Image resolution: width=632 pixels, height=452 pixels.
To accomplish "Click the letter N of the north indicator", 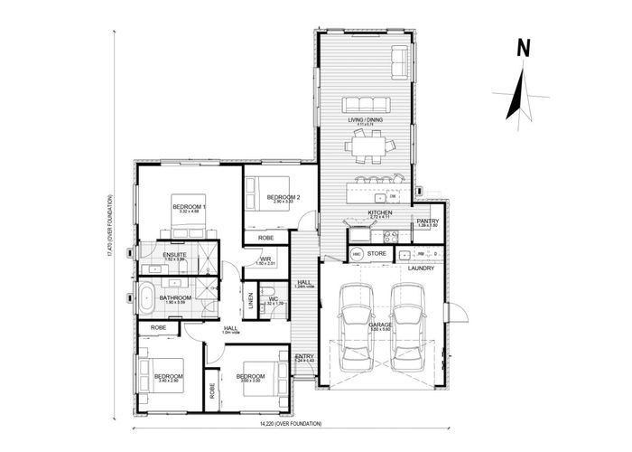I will coord(522,49).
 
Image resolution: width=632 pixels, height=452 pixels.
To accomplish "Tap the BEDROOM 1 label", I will coord(191,207).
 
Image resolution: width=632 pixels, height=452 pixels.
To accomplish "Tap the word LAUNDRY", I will coord(422,268).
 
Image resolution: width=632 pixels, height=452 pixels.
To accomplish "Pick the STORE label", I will coord(377,254).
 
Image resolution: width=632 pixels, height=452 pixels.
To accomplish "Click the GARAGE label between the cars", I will coord(380,323).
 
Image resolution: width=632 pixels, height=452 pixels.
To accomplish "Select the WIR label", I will coord(265,259).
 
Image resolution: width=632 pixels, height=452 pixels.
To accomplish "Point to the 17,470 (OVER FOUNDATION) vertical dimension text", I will coord(109,225).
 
